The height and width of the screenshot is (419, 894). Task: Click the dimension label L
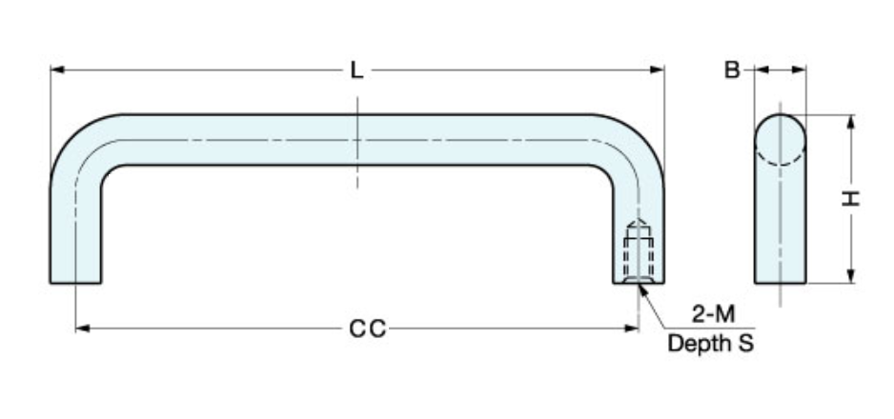356,70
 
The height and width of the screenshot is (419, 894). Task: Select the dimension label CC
366,329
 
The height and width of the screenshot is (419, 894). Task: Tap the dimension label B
732,70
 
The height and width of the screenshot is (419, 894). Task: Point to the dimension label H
850,199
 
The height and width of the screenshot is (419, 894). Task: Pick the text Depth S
710,344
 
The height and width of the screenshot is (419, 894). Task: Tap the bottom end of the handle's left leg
75,282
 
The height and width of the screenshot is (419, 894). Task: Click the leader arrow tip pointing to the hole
641,285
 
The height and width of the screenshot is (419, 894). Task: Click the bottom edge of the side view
781,283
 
